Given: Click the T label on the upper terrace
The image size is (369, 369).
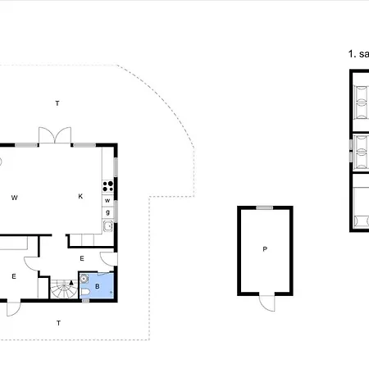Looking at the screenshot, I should click(57, 103).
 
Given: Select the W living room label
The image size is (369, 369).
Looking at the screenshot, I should click(15, 197).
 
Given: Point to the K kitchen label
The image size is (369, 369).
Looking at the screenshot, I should click(80, 197).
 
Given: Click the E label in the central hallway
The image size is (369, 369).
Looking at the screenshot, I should click(81, 258).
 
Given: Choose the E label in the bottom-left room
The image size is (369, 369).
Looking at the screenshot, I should click(14, 276).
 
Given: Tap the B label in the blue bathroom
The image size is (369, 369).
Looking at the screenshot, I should click(98, 287).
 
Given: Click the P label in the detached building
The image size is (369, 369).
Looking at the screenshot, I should click(265, 248).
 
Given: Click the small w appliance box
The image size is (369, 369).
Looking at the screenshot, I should click(107, 200).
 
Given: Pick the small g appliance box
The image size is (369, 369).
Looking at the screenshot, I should click(107, 212).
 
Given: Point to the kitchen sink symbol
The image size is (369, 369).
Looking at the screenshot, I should click(107, 225).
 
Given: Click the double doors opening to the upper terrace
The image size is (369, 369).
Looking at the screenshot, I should click(56, 136).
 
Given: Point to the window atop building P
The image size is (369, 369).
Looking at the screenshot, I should click(265, 207).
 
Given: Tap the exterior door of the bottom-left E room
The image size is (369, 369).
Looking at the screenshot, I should click(14, 308).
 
